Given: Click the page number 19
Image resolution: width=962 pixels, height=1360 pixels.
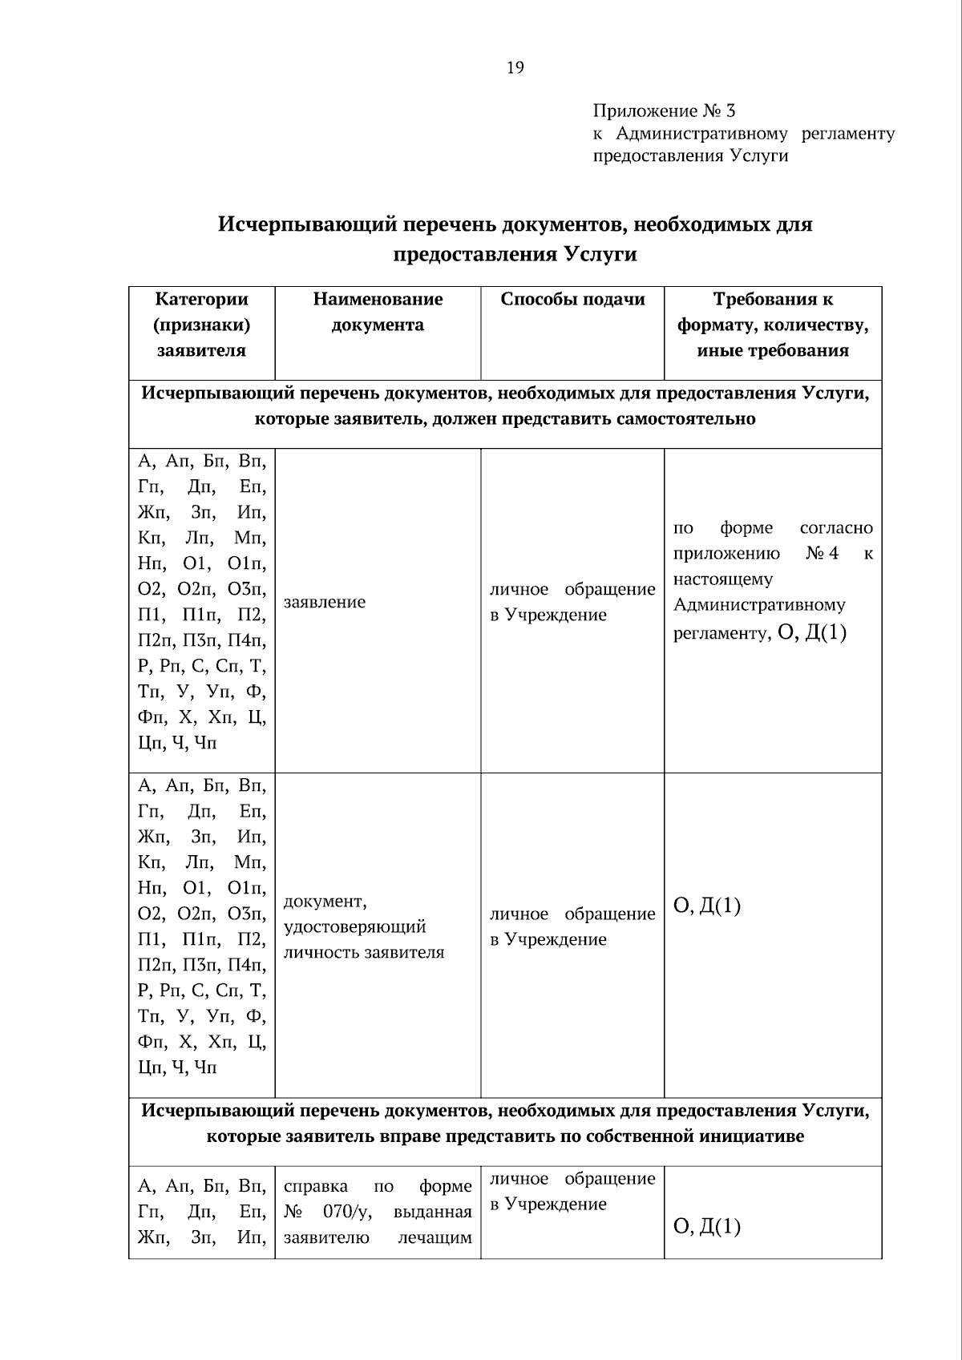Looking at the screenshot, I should pos(515,68).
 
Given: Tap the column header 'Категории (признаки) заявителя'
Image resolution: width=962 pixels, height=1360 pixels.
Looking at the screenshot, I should pos(201,325).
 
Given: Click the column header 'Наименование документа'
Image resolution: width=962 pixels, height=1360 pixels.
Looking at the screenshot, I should pos(378,312).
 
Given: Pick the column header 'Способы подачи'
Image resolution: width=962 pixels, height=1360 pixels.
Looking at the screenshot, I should pos(572,300).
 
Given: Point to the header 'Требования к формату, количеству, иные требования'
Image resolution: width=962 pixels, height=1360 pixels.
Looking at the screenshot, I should pos(773,325).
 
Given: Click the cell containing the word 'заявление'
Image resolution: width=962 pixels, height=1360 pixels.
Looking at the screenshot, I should pos(325,602).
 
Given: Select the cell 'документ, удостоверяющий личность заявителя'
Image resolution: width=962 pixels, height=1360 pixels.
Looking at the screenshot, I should pos(364,926).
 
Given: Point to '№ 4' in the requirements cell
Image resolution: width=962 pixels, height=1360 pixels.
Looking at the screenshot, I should pos(822,554).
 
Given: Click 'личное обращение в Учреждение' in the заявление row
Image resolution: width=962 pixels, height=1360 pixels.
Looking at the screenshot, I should pos(572,602).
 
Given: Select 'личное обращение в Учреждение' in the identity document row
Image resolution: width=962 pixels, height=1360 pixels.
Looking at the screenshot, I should pos(572,926).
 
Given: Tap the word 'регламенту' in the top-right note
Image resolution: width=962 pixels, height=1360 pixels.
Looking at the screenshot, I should pos(847,134).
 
